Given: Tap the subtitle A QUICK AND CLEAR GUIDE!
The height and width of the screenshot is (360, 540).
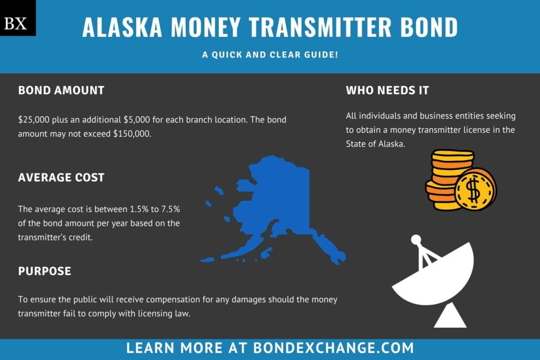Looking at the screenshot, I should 269,54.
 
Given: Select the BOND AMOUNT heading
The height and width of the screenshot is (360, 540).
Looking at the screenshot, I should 61,90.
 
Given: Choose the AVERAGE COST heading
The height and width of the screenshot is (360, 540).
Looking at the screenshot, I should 61,178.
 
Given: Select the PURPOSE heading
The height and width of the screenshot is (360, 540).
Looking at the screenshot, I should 45,271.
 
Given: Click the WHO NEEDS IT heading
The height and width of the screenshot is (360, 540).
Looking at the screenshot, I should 387,90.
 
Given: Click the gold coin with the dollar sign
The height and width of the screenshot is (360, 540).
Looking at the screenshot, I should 475,189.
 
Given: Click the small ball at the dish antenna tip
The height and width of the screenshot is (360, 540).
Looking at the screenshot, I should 416,239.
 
